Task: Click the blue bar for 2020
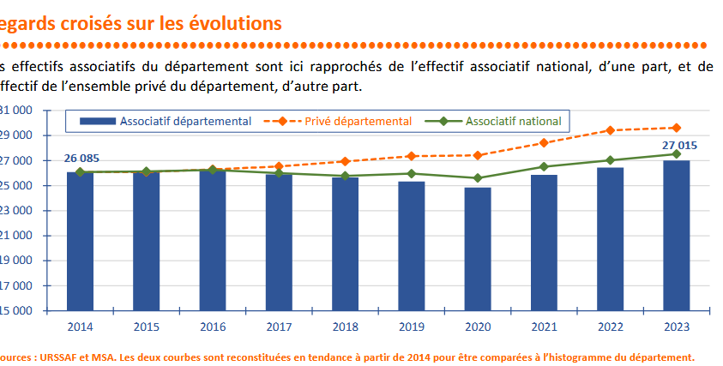tap(477, 249)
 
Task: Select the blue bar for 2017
tap(278, 242)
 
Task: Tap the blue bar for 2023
tap(676, 235)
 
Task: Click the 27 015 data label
tap(678, 145)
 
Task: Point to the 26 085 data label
tap(81, 158)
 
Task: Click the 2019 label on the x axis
tap(411, 327)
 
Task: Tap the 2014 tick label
tap(80, 327)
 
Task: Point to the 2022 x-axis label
tap(610, 327)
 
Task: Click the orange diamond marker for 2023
tap(676, 128)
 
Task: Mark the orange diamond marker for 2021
tap(544, 142)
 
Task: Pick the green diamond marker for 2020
tap(477, 178)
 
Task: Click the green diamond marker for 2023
tap(676, 154)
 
